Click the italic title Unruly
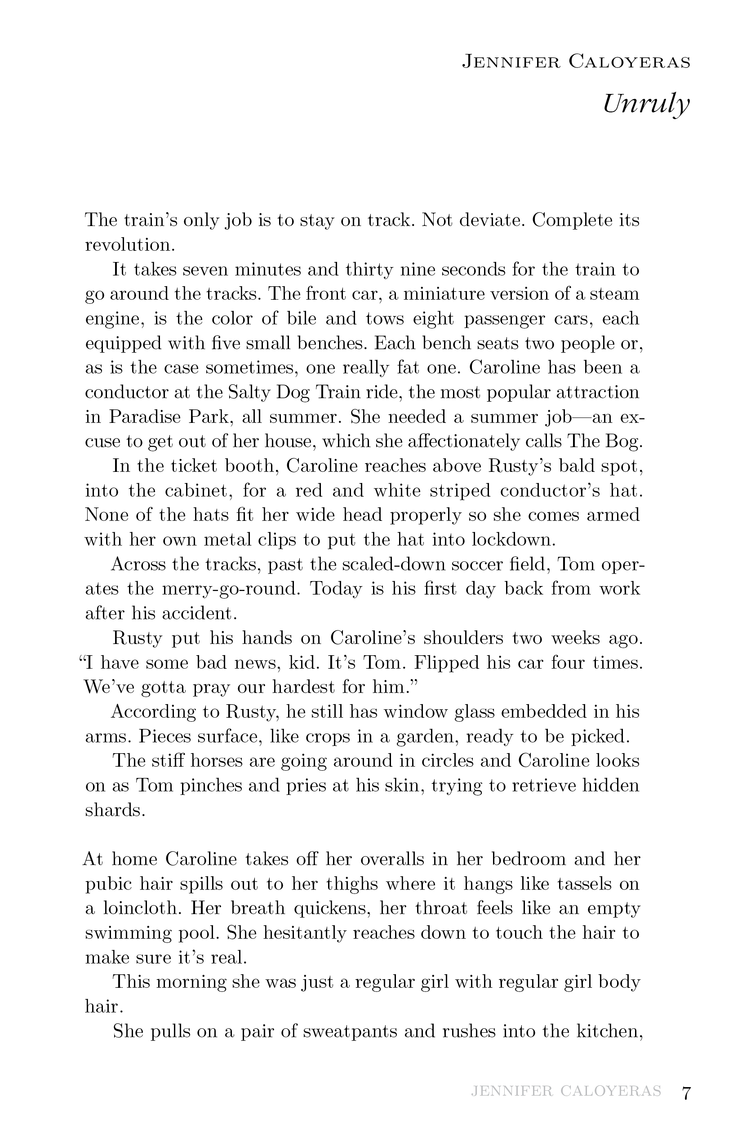[646, 103]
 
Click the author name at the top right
[576, 62]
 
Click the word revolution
[129, 244]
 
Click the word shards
[115, 810]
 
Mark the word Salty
[248, 392]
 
